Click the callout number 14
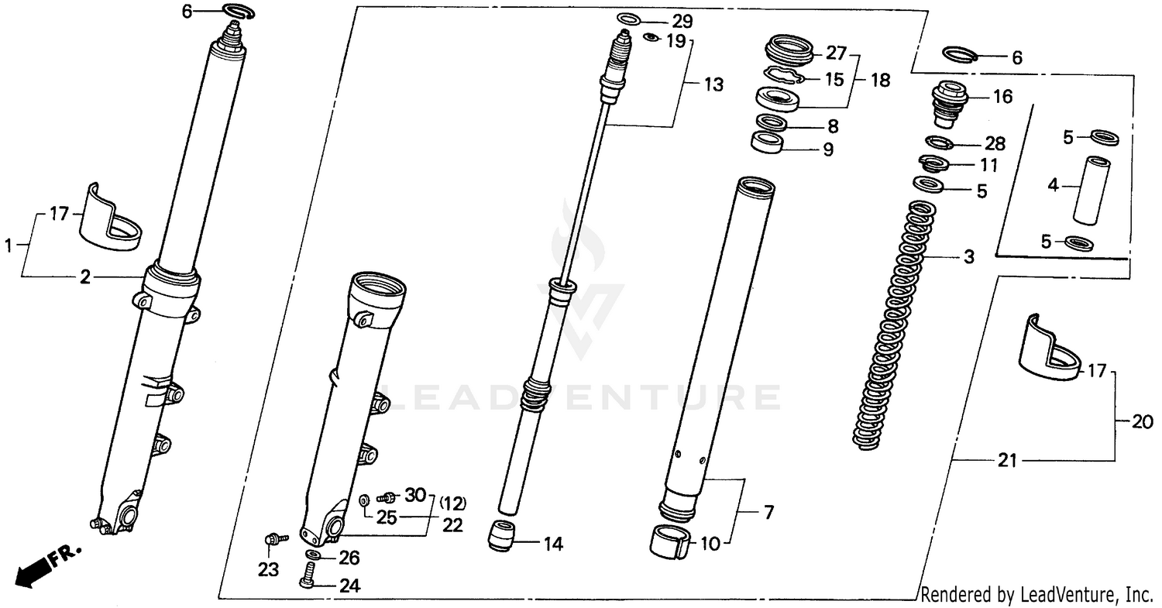point(552,544)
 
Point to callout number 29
point(682,20)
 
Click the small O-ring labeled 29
point(630,19)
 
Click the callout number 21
point(1006,462)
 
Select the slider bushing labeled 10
point(671,541)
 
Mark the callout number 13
point(713,84)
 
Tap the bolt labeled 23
point(274,538)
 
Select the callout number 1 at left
point(9,246)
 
